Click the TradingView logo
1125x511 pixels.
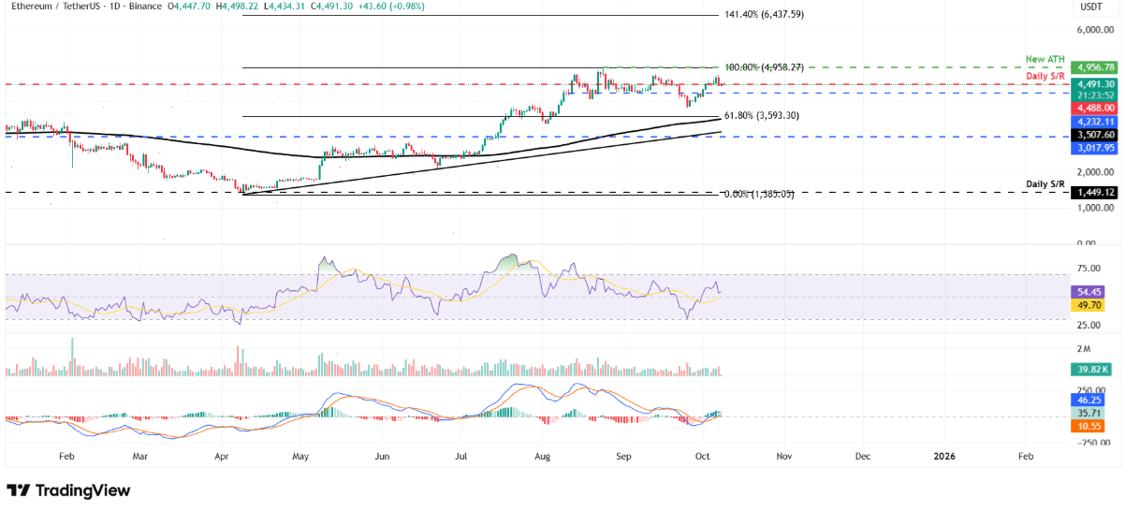[68, 490]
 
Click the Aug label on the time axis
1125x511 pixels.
[542, 457]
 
